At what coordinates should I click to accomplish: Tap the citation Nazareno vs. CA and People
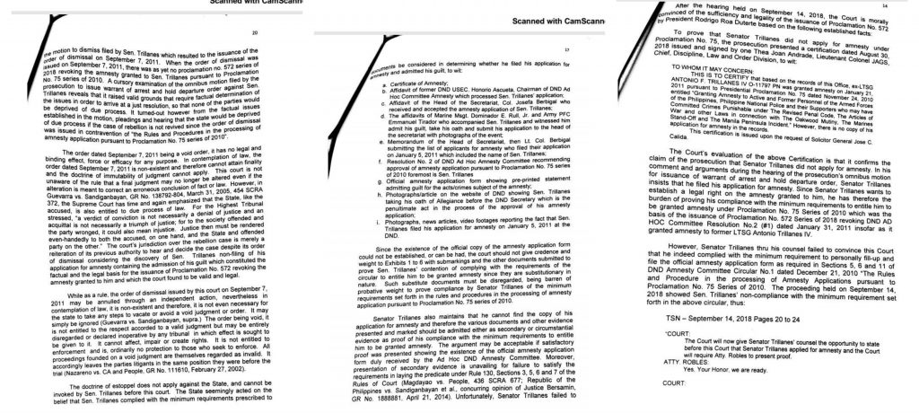point(81,367)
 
